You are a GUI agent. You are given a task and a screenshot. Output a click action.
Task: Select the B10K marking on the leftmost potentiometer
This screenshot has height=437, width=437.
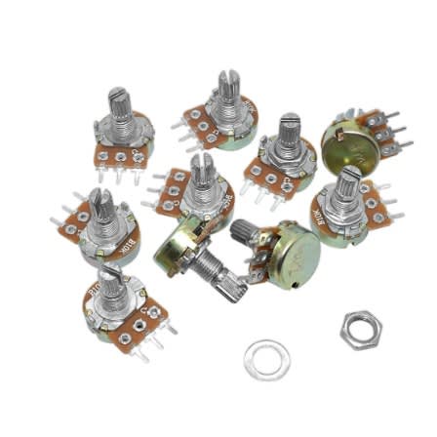[x=125, y=248]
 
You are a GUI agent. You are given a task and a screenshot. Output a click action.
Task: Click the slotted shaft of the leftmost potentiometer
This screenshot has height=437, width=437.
[x=100, y=206]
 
